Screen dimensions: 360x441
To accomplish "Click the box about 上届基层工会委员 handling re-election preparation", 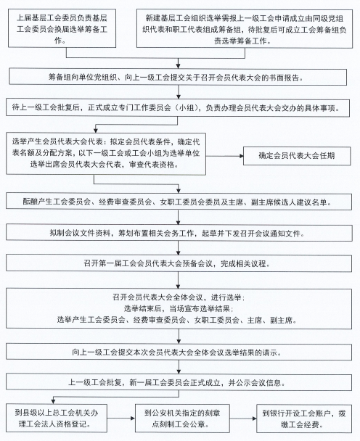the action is pos(62,28).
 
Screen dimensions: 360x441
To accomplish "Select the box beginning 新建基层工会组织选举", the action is pos(245,29).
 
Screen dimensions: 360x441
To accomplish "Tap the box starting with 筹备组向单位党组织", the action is pos(178,76).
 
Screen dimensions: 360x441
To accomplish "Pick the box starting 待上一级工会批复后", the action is pos(178,107).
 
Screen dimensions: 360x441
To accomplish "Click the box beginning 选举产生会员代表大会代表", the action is pos(106,154).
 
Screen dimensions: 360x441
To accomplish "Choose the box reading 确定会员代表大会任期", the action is pos(297,156).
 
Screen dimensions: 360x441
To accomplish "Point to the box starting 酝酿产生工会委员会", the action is pos(179,201).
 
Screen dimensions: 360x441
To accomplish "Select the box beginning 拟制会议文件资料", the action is pos(179,232).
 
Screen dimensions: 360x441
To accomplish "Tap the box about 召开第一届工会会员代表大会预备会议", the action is pos(179,263).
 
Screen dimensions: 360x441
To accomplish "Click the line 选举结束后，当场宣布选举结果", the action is pos(179,308).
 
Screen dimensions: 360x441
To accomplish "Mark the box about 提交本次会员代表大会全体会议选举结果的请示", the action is pos(179,352).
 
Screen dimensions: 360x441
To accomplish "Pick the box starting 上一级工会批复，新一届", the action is pos(179,382).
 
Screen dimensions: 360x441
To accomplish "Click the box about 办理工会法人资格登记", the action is pos(57,419).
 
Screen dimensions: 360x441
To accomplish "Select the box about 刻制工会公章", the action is pos(182,419).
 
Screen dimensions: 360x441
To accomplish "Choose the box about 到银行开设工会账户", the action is pos(304,419).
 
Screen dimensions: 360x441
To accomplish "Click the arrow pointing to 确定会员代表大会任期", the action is pos(224,156).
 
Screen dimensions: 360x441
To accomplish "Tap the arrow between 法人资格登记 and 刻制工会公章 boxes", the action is pos(121,419).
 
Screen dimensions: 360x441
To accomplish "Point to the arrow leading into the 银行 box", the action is pos(243,419).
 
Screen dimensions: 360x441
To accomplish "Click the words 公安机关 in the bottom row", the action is pos(167,413).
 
